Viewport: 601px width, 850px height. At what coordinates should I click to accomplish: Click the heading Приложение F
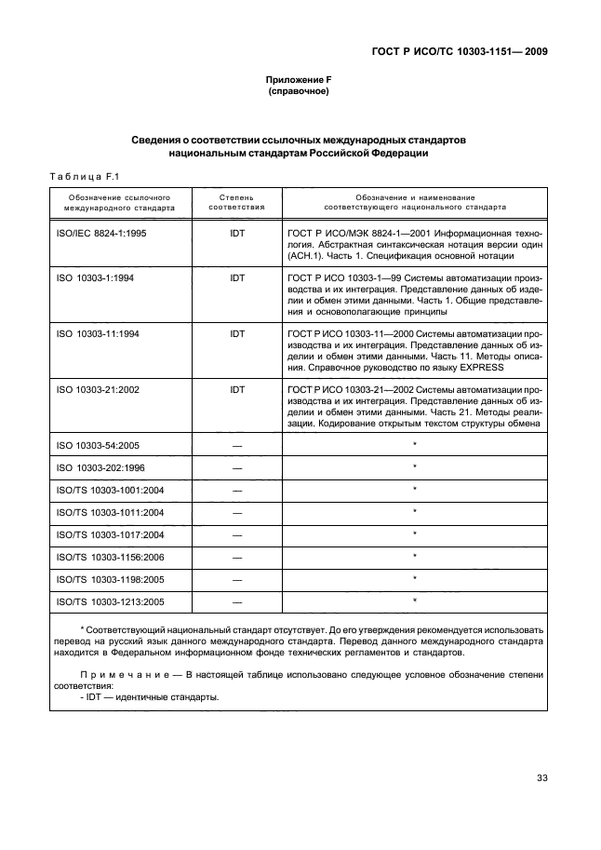coord(299,80)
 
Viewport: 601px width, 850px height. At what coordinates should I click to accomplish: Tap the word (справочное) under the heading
coord(299,92)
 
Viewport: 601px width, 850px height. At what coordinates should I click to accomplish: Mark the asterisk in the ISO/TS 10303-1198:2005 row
coord(414,578)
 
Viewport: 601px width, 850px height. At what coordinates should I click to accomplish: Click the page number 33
coord(540,779)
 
